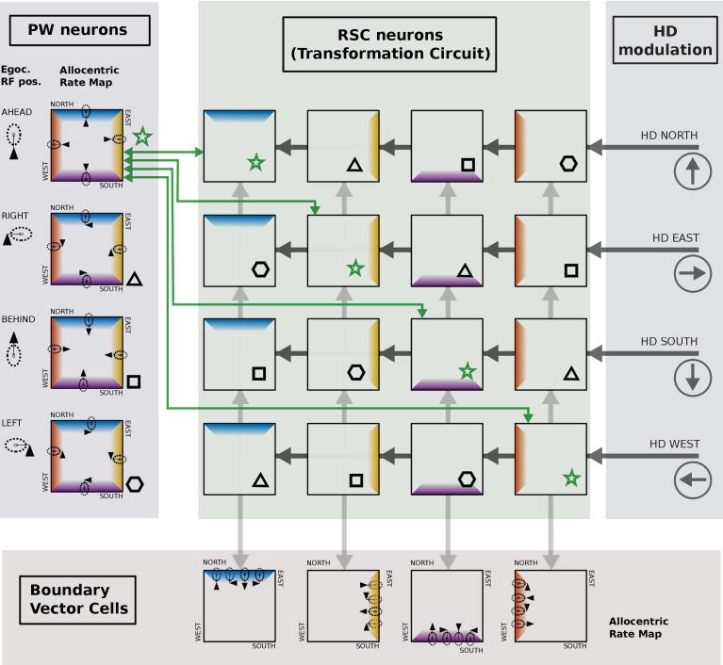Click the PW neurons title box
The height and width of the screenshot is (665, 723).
(x=80, y=30)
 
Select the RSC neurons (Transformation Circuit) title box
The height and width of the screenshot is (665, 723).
(x=389, y=44)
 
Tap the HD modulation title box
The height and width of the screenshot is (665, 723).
(x=665, y=41)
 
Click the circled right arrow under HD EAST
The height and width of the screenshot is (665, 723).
(x=693, y=274)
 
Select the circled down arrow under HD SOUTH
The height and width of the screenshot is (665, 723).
(x=693, y=377)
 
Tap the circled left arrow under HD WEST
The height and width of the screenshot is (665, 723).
(x=693, y=480)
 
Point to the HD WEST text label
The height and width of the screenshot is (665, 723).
(x=674, y=444)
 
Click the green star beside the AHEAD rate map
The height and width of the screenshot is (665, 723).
(x=142, y=138)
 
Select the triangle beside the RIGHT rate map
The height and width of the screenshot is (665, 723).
(x=134, y=279)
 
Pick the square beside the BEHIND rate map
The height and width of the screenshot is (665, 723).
(x=134, y=381)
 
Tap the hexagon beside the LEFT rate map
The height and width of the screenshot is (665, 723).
(x=135, y=484)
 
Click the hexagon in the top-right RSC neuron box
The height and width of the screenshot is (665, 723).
(x=567, y=164)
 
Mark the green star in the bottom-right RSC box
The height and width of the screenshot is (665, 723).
(x=570, y=478)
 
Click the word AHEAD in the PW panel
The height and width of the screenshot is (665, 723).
(x=17, y=112)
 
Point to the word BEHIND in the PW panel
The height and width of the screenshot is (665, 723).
(x=18, y=319)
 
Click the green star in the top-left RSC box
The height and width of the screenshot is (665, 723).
(x=255, y=163)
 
